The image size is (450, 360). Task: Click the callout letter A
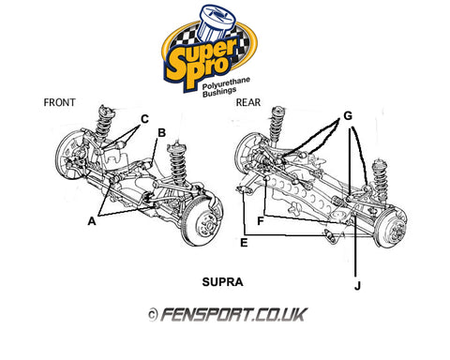[92, 221]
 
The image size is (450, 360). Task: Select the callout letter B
[161, 133]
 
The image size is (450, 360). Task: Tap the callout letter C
[144, 119]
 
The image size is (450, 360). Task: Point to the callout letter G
[348, 116]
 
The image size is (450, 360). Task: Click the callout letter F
[261, 221]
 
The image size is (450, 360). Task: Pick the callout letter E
[244, 243]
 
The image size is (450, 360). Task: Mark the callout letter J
[357, 286]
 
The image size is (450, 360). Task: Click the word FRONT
[59, 102]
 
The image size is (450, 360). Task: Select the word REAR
[248, 102]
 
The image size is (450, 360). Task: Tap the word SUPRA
[222, 282]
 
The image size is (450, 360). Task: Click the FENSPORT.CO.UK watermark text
[234, 314]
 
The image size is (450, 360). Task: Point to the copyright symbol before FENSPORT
[153, 315]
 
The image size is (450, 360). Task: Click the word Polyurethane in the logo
[226, 83]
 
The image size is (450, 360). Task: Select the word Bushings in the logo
[219, 92]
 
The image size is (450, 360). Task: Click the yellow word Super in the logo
[202, 55]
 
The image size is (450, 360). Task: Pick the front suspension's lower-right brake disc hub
[202, 222]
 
